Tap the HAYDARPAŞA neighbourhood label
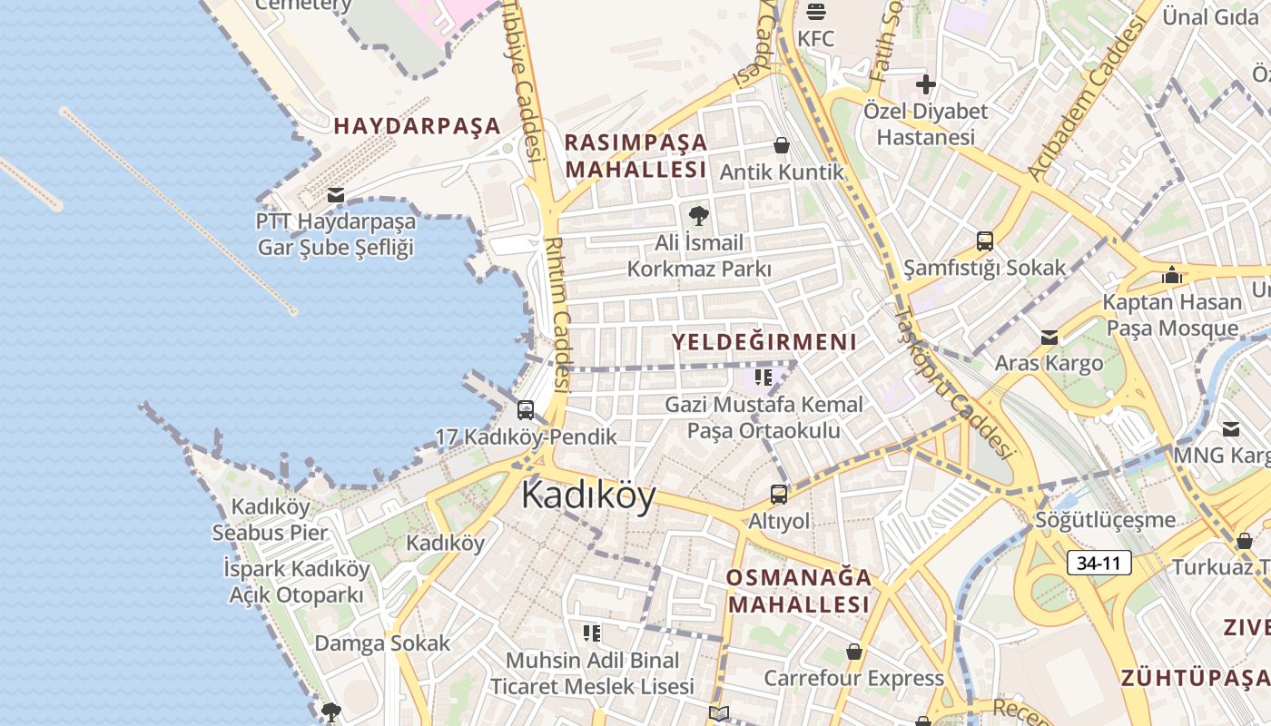(x=418, y=126)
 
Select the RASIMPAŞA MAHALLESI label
(x=635, y=156)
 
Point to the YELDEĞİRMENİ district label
(x=764, y=342)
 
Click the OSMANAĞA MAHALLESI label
(x=799, y=591)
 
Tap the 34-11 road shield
(x=1099, y=563)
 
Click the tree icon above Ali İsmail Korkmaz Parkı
(x=698, y=216)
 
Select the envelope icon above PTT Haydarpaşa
(x=336, y=194)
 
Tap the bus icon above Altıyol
(x=779, y=495)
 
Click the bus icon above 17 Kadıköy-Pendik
(x=526, y=410)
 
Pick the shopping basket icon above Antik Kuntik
(x=781, y=145)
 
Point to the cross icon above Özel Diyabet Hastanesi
(x=926, y=85)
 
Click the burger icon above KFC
(x=815, y=12)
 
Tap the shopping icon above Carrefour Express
(x=853, y=652)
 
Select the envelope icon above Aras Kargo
(x=1049, y=338)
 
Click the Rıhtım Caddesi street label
(x=557, y=313)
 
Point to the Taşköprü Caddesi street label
(x=953, y=381)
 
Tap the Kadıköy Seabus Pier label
(x=270, y=520)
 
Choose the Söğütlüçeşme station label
(x=1106, y=521)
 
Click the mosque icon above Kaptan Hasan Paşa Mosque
(x=1172, y=274)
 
